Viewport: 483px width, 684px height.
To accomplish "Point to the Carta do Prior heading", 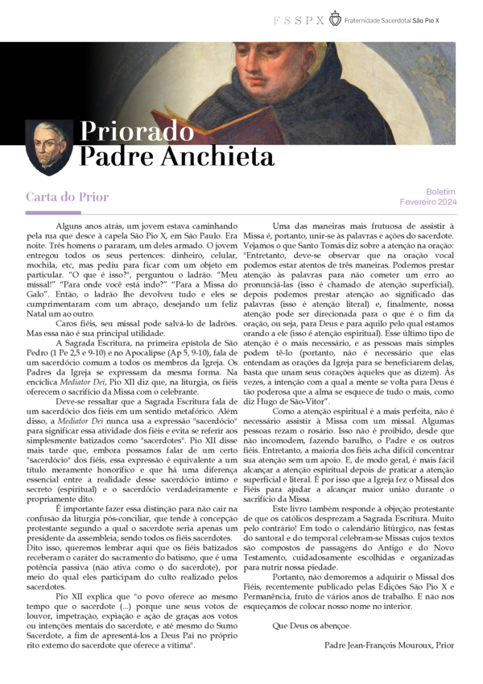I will (67, 197).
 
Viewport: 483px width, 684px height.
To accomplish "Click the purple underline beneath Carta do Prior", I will (52, 213).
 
